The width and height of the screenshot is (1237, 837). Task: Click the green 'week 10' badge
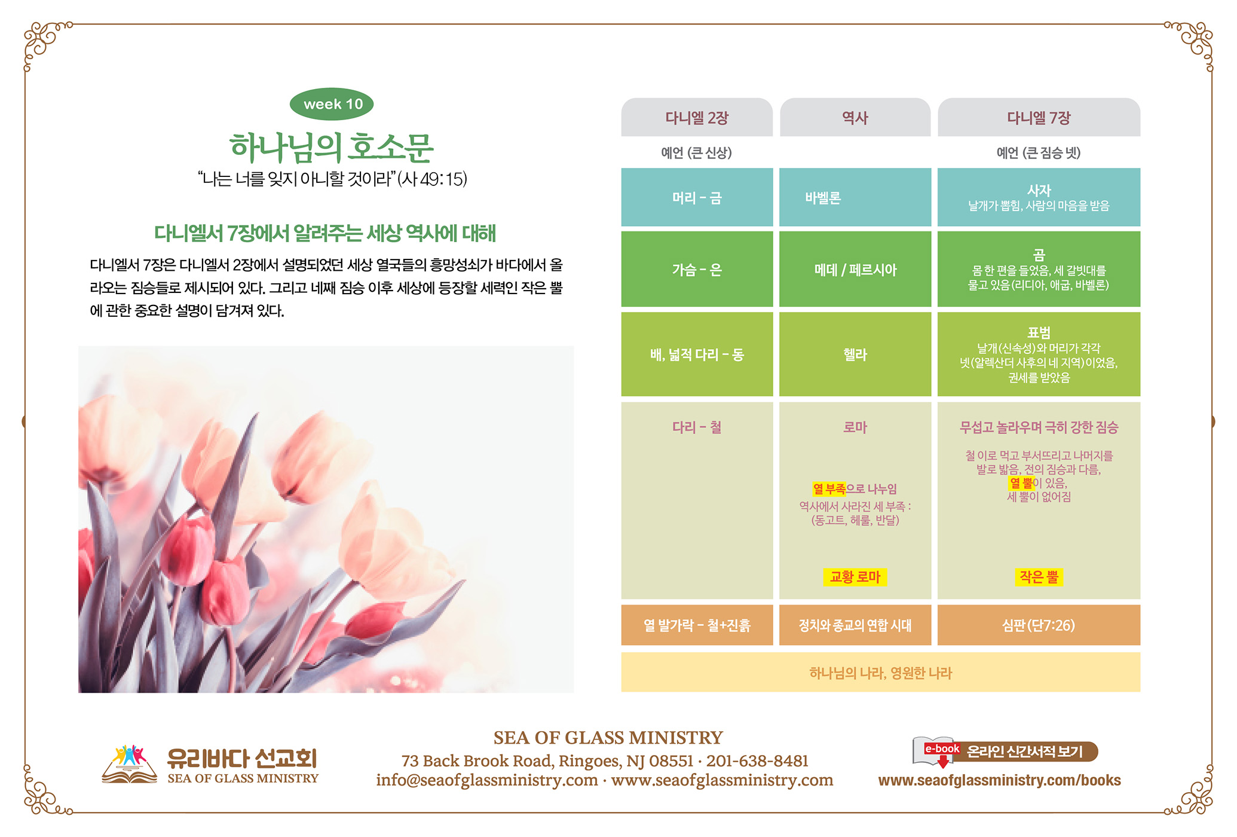pos(332,104)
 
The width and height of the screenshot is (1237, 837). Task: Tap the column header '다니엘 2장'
pos(697,118)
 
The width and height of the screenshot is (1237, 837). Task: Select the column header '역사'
pos(855,118)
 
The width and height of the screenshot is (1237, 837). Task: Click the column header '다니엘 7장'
pos(1039,118)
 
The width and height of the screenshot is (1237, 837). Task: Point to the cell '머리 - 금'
pos(697,197)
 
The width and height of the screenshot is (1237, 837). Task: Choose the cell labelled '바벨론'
pos(855,197)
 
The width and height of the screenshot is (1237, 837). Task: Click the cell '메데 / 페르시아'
pos(855,269)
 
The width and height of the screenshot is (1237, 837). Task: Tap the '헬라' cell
pos(855,354)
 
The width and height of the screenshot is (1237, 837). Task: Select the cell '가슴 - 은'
pos(697,269)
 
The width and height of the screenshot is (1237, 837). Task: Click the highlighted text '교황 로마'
pos(855,577)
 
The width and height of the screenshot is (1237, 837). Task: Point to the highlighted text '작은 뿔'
pos(1039,577)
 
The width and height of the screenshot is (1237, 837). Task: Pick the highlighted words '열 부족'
pos(829,489)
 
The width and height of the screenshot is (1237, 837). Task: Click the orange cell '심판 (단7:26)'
pos(1039,625)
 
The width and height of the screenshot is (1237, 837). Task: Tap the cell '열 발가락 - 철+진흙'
pos(697,625)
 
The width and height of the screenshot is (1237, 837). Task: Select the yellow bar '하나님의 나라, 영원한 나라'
pos(881,673)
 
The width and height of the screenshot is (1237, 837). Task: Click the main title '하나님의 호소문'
pos(332,147)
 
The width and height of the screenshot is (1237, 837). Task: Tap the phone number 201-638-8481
pos(757,761)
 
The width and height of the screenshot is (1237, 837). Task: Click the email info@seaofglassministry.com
pos(487,780)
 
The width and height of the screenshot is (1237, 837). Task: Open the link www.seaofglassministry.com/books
pos(999,780)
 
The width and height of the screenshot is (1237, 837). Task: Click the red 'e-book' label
pos(942,749)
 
